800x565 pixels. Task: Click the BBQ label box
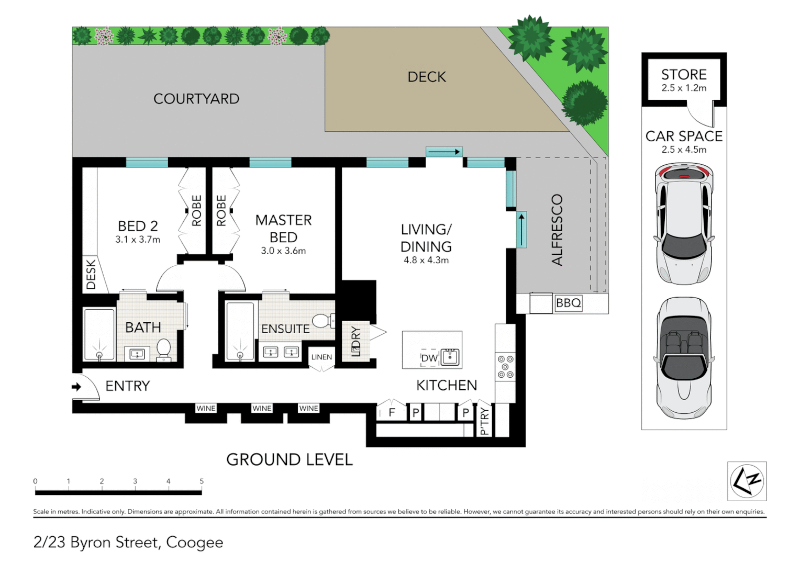pyautogui.click(x=568, y=303)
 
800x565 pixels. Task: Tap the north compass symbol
pyautogui.click(x=747, y=481)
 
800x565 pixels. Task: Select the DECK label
pyautogui.click(x=427, y=77)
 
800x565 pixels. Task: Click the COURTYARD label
pyautogui.click(x=196, y=99)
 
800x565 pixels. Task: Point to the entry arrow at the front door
pyautogui.click(x=76, y=387)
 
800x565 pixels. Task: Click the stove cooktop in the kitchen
pyautogui.click(x=505, y=367)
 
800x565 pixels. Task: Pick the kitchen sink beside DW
pyautogui.click(x=450, y=357)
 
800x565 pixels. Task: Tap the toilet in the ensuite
pyautogui.click(x=323, y=320)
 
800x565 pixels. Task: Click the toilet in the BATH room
pyautogui.click(x=164, y=349)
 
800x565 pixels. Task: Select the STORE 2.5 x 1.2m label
pyautogui.click(x=684, y=80)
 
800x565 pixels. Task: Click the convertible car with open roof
pyautogui.click(x=684, y=358)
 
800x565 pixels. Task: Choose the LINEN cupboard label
pyautogui.click(x=321, y=357)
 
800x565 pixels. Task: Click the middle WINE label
pyautogui.click(x=262, y=409)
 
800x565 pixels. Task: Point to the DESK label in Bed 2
pyautogui.click(x=91, y=274)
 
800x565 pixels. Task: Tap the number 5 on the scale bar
pyautogui.click(x=202, y=481)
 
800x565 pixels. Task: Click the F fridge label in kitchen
pyautogui.click(x=392, y=412)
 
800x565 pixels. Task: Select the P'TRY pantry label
pyautogui.click(x=484, y=422)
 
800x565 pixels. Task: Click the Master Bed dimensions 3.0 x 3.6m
pyautogui.click(x=283, y=251)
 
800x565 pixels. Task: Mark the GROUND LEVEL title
pyautogui.click(x=289, y=459)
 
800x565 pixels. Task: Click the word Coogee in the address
pyautogui.click(x=194, y=543)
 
